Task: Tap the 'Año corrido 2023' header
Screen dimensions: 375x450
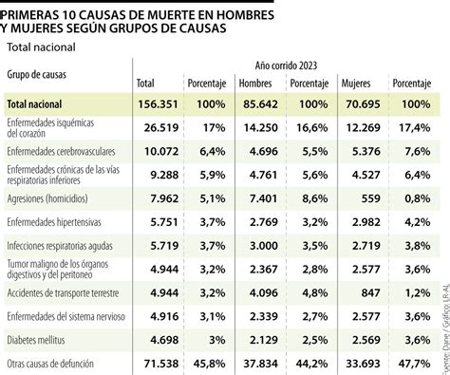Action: click(x=286, y=66)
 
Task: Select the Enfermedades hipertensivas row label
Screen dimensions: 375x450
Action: click(x=57, y=222)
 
